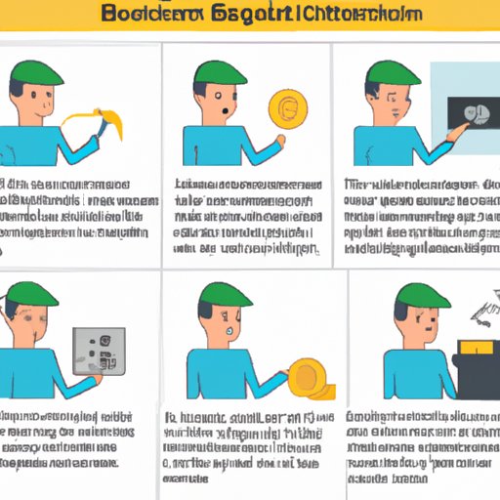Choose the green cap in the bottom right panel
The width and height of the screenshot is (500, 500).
point(426,294)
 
